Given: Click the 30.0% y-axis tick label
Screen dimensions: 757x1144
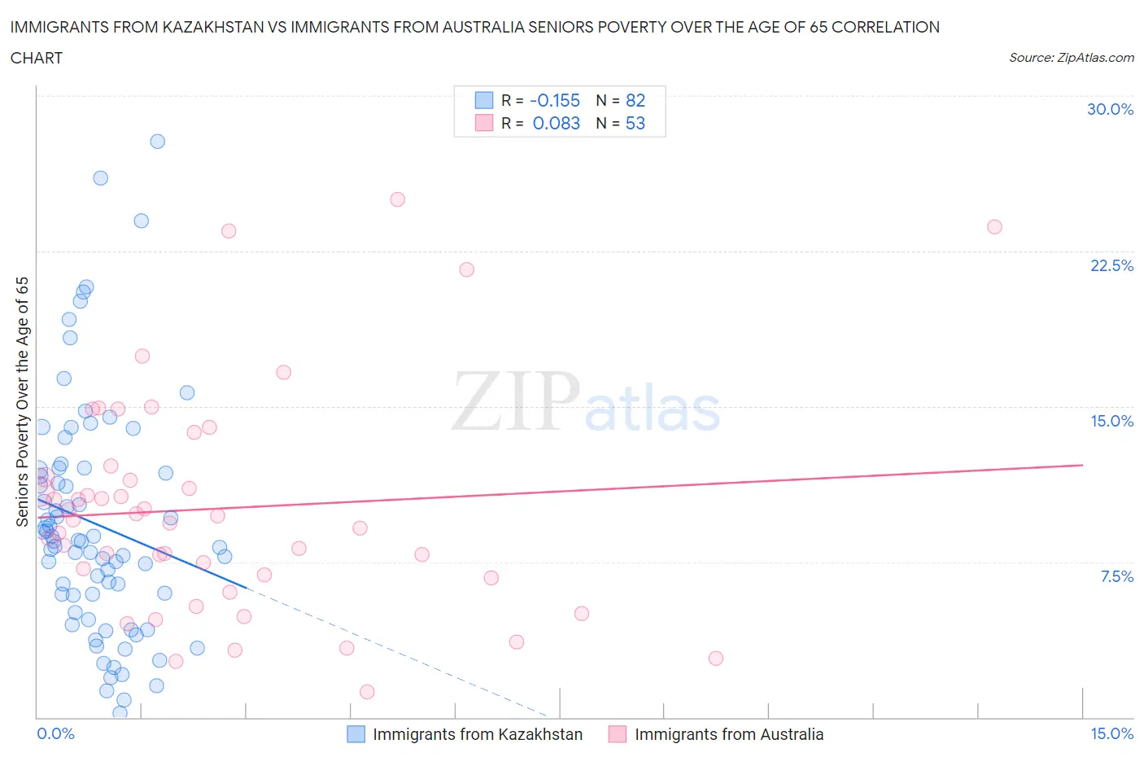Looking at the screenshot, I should (1110, 109).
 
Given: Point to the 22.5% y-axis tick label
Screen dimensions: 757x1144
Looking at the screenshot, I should (1111, 265).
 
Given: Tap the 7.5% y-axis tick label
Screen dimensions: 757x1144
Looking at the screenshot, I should (1116, 576).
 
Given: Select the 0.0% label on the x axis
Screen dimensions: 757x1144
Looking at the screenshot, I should (55, 733).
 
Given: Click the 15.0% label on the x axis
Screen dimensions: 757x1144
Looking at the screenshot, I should (1111, 733).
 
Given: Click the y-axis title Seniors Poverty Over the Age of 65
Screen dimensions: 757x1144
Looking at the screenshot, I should (23, 401).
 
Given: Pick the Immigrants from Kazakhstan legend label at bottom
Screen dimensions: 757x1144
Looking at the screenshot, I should (478, 734).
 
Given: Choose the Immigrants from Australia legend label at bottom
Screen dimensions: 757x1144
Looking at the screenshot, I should (729, 734).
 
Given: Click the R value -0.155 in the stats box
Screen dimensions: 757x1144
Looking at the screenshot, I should (555, 100).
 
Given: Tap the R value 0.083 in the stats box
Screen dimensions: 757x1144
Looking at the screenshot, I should (557, 123).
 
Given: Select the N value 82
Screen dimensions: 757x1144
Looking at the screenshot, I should (635, 100).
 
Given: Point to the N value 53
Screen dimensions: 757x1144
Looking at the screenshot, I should (635, 123).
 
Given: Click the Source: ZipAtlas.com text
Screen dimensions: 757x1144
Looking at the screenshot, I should (1071, 57).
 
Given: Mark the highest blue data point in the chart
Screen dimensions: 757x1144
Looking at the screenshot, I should (158, 142).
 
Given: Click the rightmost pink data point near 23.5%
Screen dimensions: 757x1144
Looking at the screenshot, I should (994, 227).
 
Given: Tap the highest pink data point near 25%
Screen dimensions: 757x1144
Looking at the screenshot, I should (398, 199).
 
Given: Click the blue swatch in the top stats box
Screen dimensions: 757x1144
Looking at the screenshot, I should (484, 100).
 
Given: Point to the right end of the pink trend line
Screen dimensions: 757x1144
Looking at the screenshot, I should (1083, 465).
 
